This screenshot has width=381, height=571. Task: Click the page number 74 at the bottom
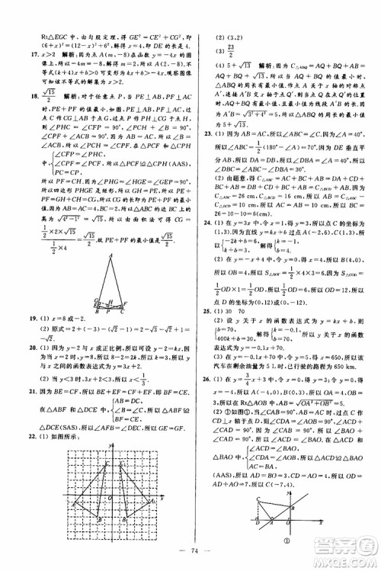click(190, 554)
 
